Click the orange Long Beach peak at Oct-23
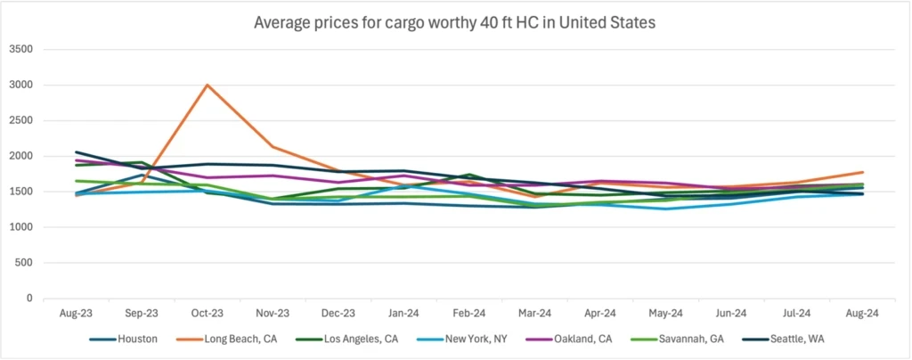(208, 86)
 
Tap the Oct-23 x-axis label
(208, 315)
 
